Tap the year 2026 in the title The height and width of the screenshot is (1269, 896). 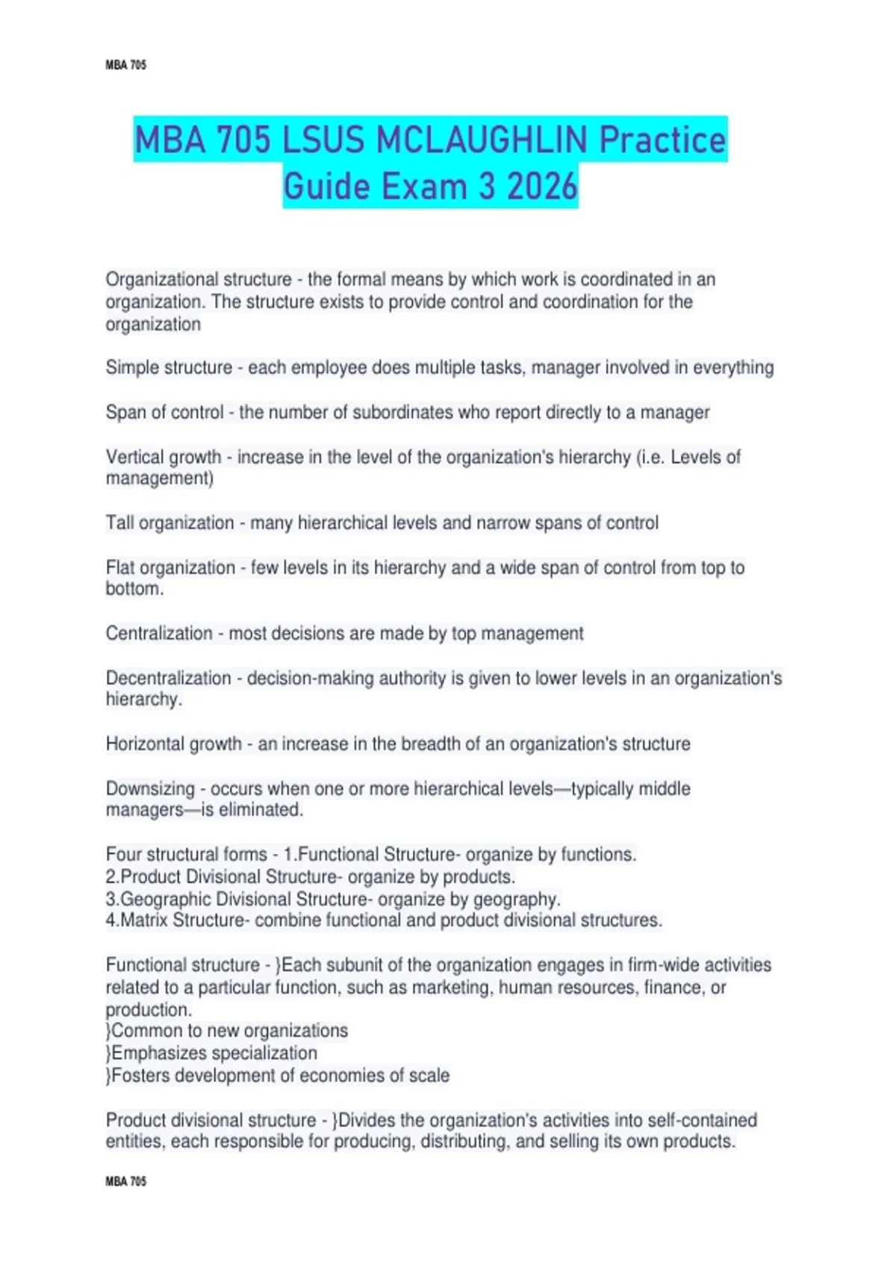(x=542, y=186)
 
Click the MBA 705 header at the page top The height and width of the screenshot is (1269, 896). (x=125, y=65)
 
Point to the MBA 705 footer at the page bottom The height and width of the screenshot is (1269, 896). (x=125, y=1182)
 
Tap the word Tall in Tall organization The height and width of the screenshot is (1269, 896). (x=119, y=523)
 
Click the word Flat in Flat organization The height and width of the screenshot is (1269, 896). (x=120, y=567)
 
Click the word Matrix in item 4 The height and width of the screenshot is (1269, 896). (x=144, y=920)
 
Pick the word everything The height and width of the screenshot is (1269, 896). (x=733, y=368)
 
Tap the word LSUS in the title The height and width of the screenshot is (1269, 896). (x=323, y=140)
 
